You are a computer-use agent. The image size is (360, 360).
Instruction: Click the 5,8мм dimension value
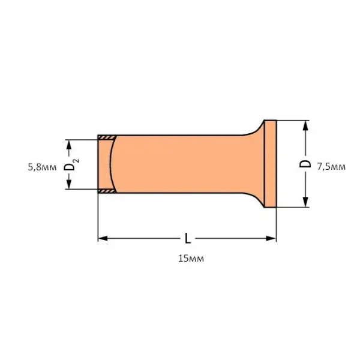point(42,167)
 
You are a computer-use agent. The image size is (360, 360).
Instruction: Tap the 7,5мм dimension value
point(331,166)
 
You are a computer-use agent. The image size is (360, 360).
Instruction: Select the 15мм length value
point(191,259)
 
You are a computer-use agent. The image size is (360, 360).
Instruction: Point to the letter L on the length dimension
point(188,238)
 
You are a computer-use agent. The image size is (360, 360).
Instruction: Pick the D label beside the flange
point(305,164)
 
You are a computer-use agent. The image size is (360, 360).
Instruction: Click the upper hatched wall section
point(107,137)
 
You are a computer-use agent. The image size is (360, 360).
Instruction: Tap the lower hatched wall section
point(107,191)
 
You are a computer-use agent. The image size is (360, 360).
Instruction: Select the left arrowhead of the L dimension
point(103,238)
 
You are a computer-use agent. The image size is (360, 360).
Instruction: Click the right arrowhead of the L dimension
point(271,238)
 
